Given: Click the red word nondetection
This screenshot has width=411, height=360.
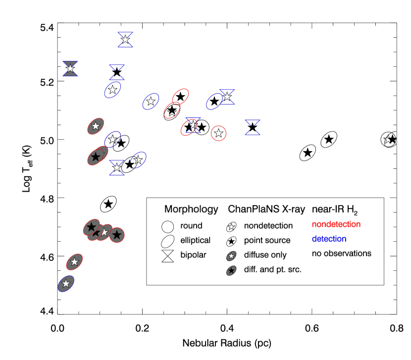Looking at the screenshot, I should (x=336, y=224).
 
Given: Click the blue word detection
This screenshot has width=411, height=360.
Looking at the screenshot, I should (x=329, y=239).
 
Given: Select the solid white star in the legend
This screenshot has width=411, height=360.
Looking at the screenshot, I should (x=231, y=227).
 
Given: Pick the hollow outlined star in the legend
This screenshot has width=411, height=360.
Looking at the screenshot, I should (x=231, y=242).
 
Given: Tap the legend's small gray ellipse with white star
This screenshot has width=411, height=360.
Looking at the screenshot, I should (x=231, y=256).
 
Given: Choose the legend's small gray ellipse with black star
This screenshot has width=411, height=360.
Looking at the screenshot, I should (x=231, y=271).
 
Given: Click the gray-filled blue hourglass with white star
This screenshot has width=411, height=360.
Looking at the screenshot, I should (x=70, y=69).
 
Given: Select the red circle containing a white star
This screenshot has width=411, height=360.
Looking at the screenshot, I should (x=218, y=133).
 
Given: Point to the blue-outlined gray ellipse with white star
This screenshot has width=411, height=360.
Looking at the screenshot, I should (x=66, y=284).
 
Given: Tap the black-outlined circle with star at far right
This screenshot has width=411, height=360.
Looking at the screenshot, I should (x=388, y=140).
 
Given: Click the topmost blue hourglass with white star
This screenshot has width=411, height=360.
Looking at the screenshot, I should (x=125, y=40).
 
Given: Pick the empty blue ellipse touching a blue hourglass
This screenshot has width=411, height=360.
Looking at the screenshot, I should (x=214, y=102).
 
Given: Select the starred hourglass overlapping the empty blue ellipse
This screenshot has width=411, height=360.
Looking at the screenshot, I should (x=227, y=97).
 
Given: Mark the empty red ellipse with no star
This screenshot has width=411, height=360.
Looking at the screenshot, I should (x=180, y=97).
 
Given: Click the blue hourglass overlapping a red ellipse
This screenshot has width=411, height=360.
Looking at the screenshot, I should (x=193, y=126).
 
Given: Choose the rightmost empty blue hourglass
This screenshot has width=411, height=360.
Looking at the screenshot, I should (x=253, y=127).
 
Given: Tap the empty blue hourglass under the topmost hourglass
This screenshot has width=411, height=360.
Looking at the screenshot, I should (x=117, y=72).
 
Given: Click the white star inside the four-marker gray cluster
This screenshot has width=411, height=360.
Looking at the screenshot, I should (x=104, y=232).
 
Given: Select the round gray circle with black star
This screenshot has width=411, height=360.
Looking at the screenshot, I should (x=117, y=235).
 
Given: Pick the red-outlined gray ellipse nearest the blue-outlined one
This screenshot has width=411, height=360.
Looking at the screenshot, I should (x=74, y=262).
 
